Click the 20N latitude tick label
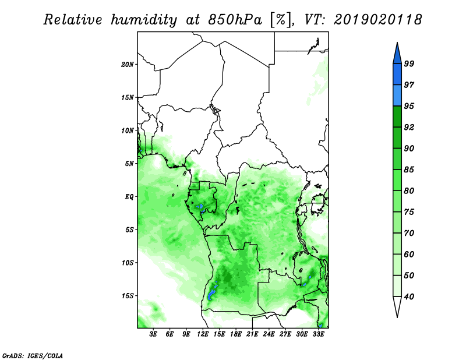point(128,65)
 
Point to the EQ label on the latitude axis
point(129,197)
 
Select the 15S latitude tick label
point(128,296)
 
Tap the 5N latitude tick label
point(129,164)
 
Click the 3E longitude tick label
point(153,334)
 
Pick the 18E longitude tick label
point(236,334)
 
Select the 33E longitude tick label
point(318,334)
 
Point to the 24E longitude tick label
point(269,334)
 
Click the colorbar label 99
point(409,63)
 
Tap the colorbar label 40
point(409,297)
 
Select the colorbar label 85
point(409,170)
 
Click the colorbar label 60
point(409,254)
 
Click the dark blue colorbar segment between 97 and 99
point(397,75)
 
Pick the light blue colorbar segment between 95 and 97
point(397,96)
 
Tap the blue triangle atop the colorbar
point(397,55)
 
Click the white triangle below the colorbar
point(397,306)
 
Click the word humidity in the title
point(144,20)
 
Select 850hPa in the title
point(235,20)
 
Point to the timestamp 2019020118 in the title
point(377,20)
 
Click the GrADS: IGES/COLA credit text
point(33,355)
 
